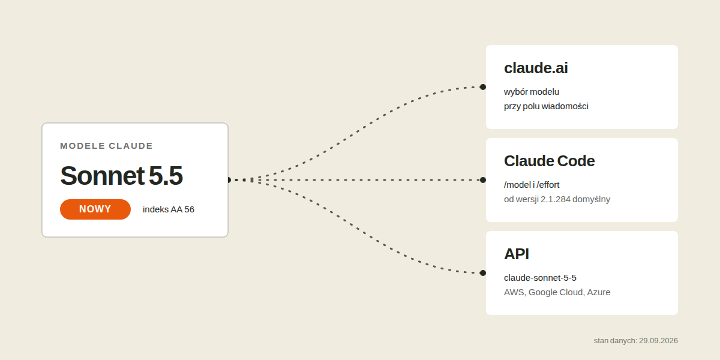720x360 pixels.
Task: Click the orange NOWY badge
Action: (x=95, y=209)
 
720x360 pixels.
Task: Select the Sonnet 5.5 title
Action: (x=121, y=175)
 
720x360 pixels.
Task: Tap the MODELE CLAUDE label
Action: (x=106, y=146)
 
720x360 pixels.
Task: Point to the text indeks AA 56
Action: (x=169, y=209)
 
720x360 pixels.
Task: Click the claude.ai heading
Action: (x=536, y=68)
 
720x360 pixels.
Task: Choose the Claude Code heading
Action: (x=550, y=161)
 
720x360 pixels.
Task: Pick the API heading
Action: (x=516, y=254)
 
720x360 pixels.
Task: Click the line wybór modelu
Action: (x=532, y=92)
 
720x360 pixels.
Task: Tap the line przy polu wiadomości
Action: (x=546, y=106)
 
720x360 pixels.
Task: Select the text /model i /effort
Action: (x=532, y=185)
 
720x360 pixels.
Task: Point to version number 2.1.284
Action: (x=556, y=199)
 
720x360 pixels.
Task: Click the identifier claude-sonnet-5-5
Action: (x=540, y=278)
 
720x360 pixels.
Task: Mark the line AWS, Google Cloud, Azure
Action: (x=557, y=292)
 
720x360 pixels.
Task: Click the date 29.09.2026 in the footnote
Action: (x=658, y=341)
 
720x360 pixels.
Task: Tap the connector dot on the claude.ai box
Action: (x=483, y=87)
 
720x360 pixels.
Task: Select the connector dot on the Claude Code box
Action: (x=483, y=180)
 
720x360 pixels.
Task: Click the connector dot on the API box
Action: (x=483, y=273)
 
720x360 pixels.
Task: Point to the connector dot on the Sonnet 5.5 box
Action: (x=229, y=180)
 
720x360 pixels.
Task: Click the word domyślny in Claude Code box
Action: (x=592, y=199)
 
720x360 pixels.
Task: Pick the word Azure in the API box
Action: (x=599, y=292)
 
